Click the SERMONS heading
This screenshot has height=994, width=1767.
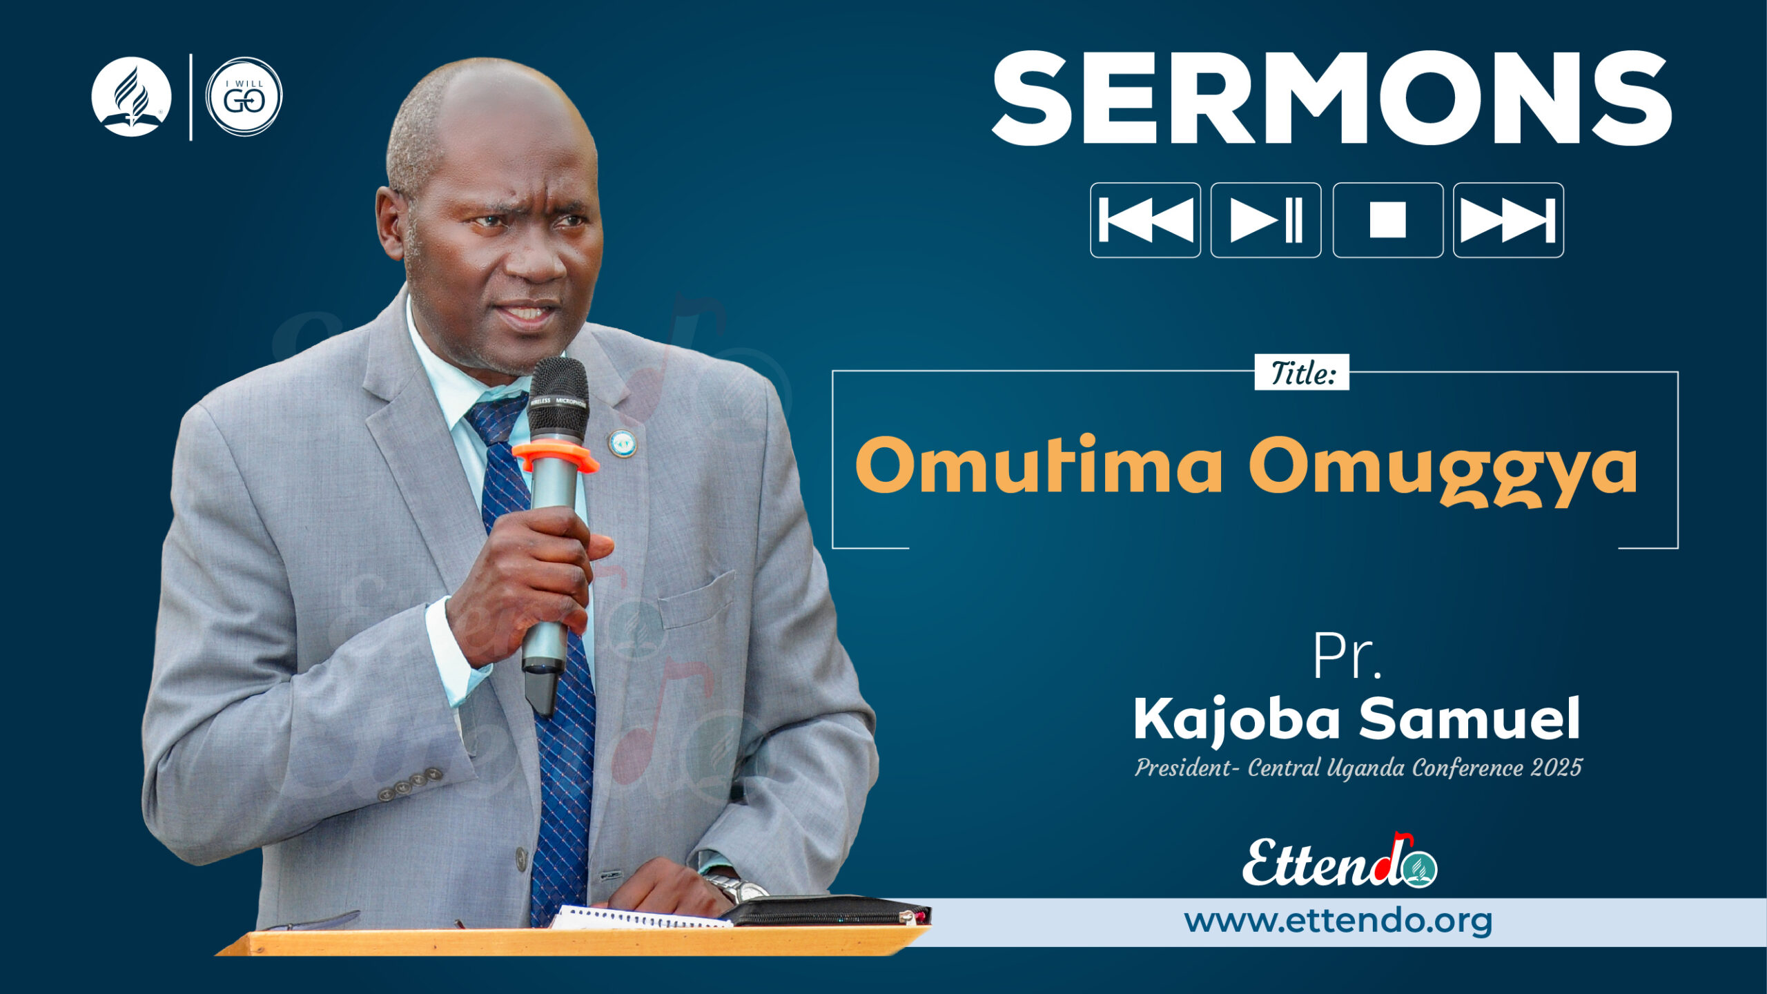1331,98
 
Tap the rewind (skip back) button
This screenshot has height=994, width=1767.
1145,220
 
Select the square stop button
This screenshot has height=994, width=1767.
1387,220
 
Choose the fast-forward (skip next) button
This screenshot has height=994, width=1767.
1508,220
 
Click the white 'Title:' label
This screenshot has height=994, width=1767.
1302,373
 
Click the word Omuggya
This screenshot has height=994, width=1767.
1443,469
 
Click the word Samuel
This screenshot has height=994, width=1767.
1470,718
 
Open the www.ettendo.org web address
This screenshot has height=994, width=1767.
1338,921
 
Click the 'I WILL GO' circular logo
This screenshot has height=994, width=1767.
244,97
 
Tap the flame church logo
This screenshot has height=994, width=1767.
131,97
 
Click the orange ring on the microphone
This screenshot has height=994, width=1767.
555,456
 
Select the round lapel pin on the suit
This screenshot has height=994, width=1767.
622,443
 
